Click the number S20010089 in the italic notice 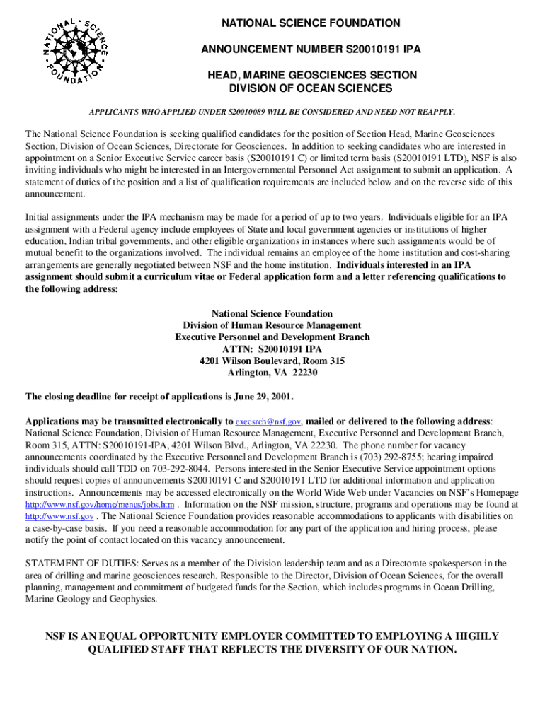coord(248,112)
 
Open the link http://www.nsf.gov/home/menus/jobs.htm coord(100,505)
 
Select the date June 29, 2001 coord(264,396)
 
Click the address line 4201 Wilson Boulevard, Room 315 coord(272,361)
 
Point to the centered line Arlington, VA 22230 coord(272,373)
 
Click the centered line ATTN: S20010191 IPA coord(272,349)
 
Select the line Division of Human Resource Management coord(272,325)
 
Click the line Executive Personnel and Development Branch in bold coord(272,337)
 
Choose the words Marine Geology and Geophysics coord(91,599)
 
